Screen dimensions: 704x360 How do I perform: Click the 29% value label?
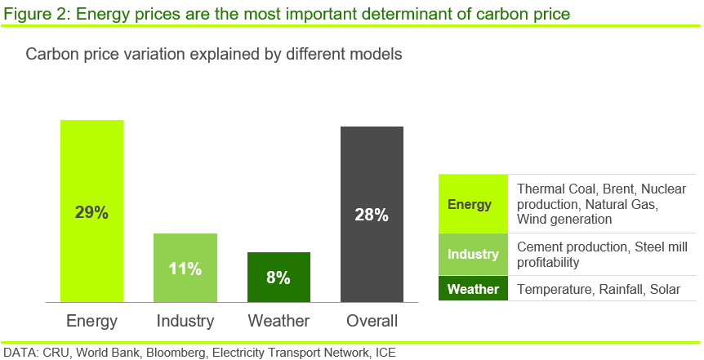point(91,212)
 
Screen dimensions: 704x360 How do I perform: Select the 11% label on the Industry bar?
point(185,269)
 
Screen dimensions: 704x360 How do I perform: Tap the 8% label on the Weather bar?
point(278,278)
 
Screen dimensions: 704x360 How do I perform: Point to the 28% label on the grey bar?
point(372,215)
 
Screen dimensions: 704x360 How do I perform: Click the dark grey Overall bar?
point(372,214)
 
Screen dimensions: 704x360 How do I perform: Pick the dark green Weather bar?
point(278,277)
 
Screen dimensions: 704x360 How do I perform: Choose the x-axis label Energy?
point(91,322)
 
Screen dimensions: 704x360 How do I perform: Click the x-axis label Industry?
point(185,321)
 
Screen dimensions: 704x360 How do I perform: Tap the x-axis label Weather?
point(278,321)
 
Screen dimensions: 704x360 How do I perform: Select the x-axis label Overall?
point(372,321)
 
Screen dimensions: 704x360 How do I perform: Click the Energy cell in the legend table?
point(473,203)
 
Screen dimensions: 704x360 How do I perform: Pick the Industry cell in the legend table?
point(473,254)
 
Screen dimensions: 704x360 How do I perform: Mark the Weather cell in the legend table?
point(473,288)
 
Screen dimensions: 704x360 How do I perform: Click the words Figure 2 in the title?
point(37,15)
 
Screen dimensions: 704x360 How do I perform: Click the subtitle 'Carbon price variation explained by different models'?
point(214,55)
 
